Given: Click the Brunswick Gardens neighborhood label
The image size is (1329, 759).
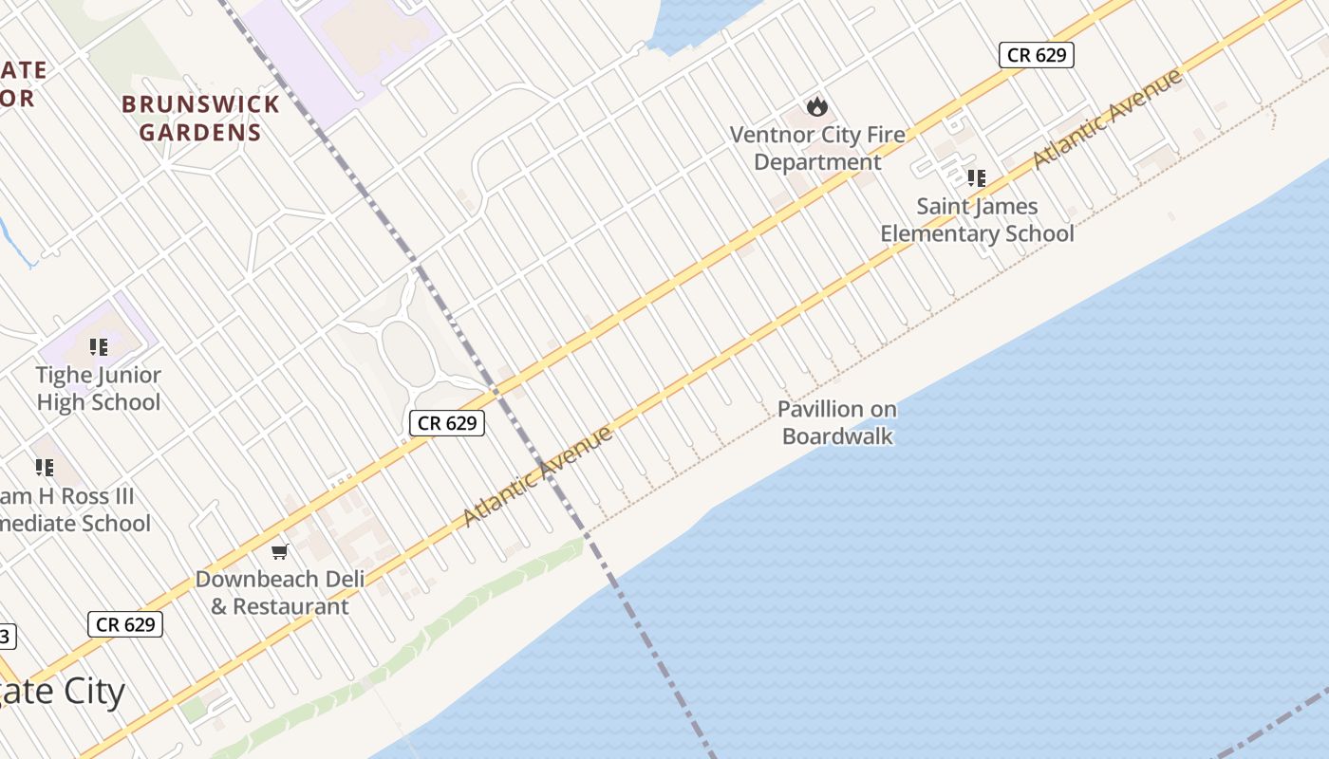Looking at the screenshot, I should tap(200, 118).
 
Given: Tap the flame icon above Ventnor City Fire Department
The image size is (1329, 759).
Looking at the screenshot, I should tap(817, 106).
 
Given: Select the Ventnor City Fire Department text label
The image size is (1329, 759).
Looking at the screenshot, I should tap(817, 148).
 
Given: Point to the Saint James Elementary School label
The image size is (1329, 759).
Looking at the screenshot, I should tap(977, 220).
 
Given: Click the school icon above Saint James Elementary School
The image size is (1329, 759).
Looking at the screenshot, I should tap(977, 177).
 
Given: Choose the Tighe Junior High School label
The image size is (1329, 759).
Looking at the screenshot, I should tap(99, 388).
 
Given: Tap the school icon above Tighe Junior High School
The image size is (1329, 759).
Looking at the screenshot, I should tap(99, 347).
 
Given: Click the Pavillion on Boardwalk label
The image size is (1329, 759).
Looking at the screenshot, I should tap(837, 422).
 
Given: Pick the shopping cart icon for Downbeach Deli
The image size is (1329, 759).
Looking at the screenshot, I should tap(279, 551).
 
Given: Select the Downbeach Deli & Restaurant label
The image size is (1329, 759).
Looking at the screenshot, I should tap(272, 592).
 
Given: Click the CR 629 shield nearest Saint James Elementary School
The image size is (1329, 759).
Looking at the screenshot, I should tap(1037, 55).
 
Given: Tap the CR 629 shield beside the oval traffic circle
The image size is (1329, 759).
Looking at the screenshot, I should tap(447, 423).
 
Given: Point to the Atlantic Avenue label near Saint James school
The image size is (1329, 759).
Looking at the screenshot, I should tap(1108, 119).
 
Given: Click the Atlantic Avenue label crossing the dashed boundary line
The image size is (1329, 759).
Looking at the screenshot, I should tap(538, 476).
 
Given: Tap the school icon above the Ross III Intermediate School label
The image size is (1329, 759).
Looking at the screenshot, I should tap(45, 467).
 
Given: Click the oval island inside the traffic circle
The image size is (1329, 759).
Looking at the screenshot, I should tap(406, 354).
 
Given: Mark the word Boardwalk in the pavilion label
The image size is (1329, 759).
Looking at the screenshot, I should tap(837, 436).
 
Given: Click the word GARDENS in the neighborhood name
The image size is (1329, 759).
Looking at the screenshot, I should tap(200, 132).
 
